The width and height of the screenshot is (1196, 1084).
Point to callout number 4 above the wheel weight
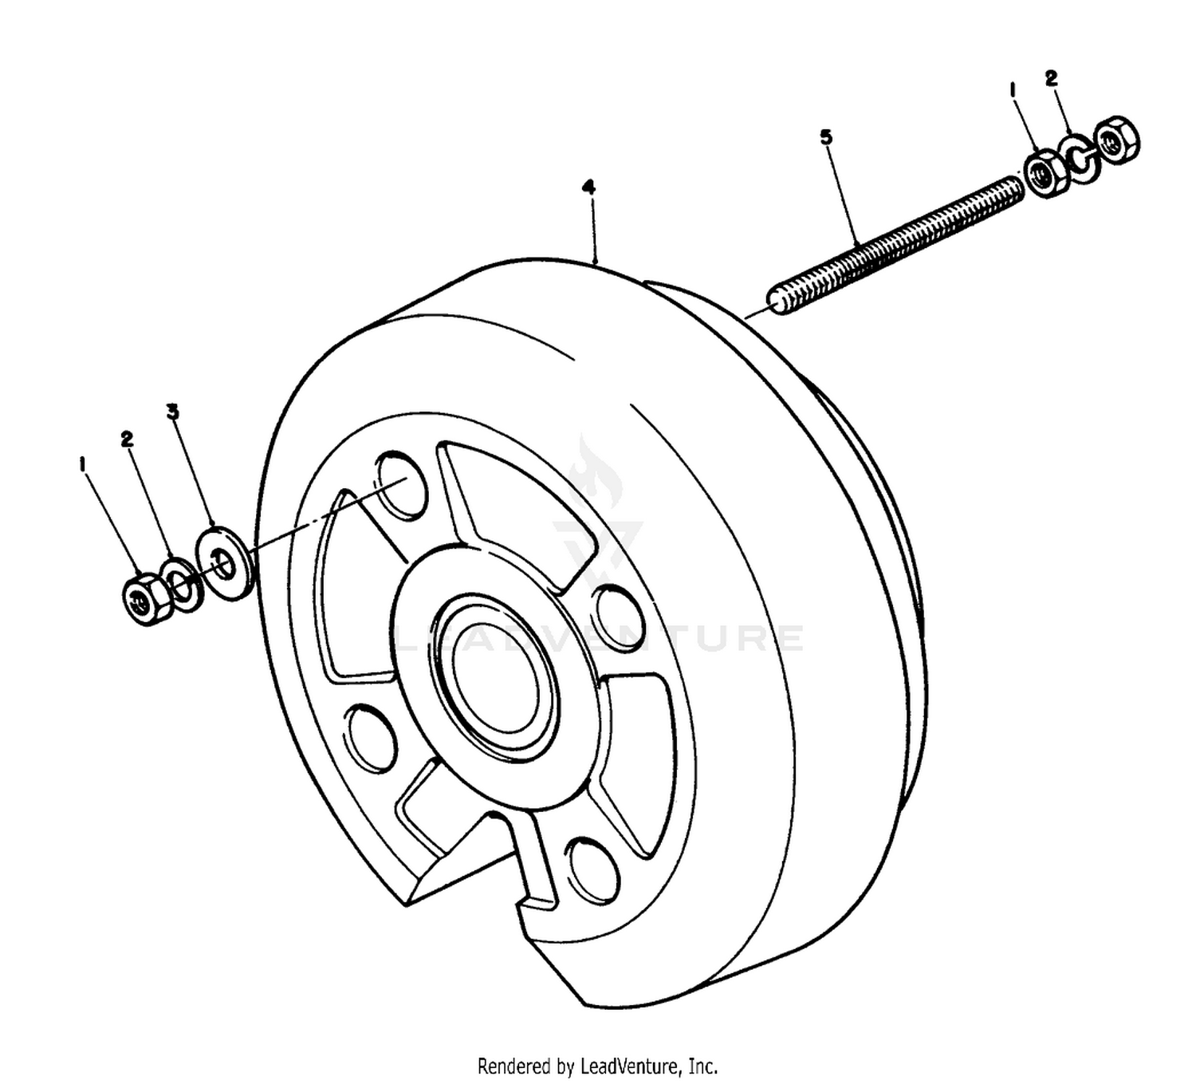tap(588, 188)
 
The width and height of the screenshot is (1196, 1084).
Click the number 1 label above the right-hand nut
tap(1012, 90)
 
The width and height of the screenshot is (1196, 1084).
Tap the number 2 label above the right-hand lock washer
tap(1051, 77)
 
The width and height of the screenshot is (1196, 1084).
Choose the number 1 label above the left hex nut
tap(83, 465)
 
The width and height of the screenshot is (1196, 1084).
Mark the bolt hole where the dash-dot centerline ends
tap(402, 485)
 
